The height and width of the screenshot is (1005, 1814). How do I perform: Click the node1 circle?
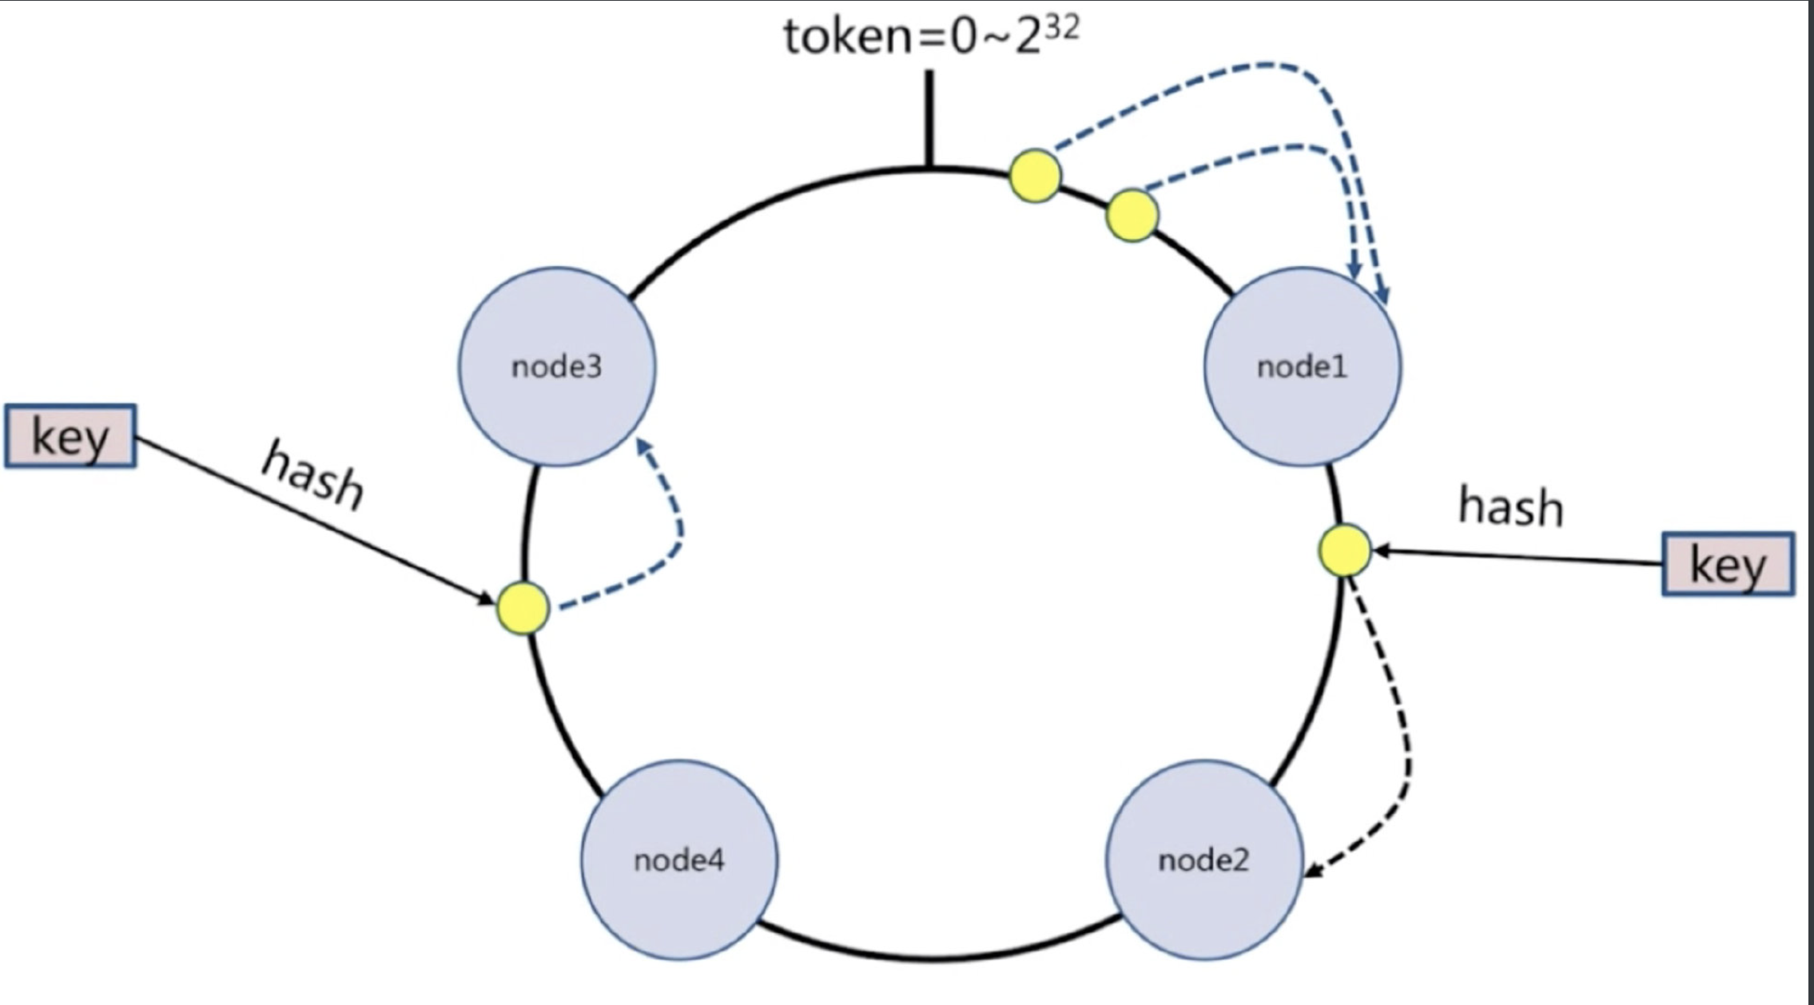[1302, 367]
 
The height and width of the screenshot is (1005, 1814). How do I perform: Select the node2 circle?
[1204, 860]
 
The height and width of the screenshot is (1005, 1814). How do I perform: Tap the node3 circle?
[557, 367]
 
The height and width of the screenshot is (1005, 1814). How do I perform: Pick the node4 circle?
[679, 860]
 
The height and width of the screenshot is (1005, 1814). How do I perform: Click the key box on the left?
[70, 436]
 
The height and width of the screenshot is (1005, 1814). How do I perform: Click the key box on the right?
[1728, 564]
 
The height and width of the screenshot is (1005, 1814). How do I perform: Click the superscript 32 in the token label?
[1062, 29]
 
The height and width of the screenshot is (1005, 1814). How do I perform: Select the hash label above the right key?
[1510, 507]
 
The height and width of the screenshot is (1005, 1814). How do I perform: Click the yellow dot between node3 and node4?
[523, 608]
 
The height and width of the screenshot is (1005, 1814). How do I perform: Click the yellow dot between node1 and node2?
[1344, 550]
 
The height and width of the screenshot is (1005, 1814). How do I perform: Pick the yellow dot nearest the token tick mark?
[1036, 176]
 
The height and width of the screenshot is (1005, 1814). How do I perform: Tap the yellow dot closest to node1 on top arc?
[1132, 215]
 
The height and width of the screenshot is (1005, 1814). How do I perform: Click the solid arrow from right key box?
[1518, 557]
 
